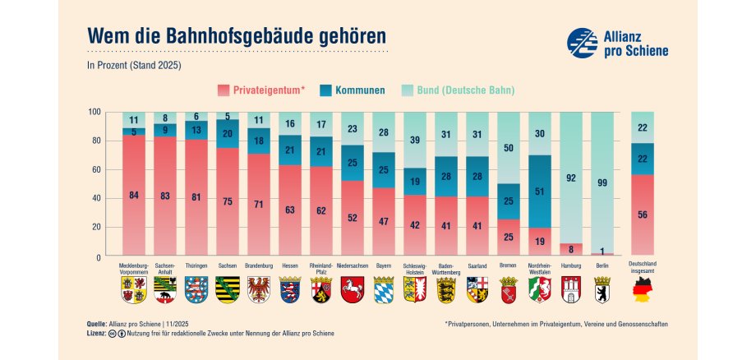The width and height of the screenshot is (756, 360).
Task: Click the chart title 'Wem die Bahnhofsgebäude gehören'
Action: [x=236, y=37]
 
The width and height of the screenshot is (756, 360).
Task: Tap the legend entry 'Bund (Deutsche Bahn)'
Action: [x=466, y=90]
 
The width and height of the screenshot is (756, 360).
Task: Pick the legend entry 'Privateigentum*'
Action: [x=260, y=90]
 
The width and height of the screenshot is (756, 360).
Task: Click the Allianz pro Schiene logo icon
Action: [x=583, y=42]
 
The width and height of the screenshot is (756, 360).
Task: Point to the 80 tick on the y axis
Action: [x=94, y=141]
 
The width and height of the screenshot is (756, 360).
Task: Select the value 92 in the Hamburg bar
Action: [x=571, y=177]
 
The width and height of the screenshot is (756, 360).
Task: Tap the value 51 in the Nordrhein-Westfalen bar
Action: [x=538, y=192]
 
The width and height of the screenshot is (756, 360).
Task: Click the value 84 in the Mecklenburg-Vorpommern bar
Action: [x=134, y=195]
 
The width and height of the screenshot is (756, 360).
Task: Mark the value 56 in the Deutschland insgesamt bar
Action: [x=643, y=215]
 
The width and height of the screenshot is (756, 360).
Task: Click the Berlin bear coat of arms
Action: [x=603, y=289]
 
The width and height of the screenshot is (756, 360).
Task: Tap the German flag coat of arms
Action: [x=642, y=290]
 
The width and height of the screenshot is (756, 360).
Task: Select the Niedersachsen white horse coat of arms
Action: [x=352, y=289]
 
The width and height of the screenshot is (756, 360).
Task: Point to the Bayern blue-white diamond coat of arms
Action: [x=385, y=289]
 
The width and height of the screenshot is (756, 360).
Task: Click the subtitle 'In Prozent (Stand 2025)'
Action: [x=134, y=64]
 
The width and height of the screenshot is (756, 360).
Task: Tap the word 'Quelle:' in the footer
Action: [x=98, y=324]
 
